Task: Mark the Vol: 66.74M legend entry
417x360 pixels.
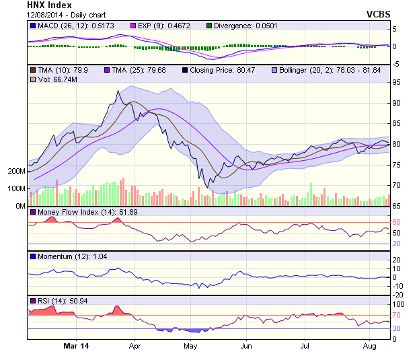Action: (57, 79)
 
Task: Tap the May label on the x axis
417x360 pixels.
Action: (190, 346)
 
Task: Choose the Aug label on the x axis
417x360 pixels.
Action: (369, 346)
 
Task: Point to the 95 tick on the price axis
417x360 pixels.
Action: (397, 82)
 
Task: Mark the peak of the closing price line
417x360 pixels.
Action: (118, 91)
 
